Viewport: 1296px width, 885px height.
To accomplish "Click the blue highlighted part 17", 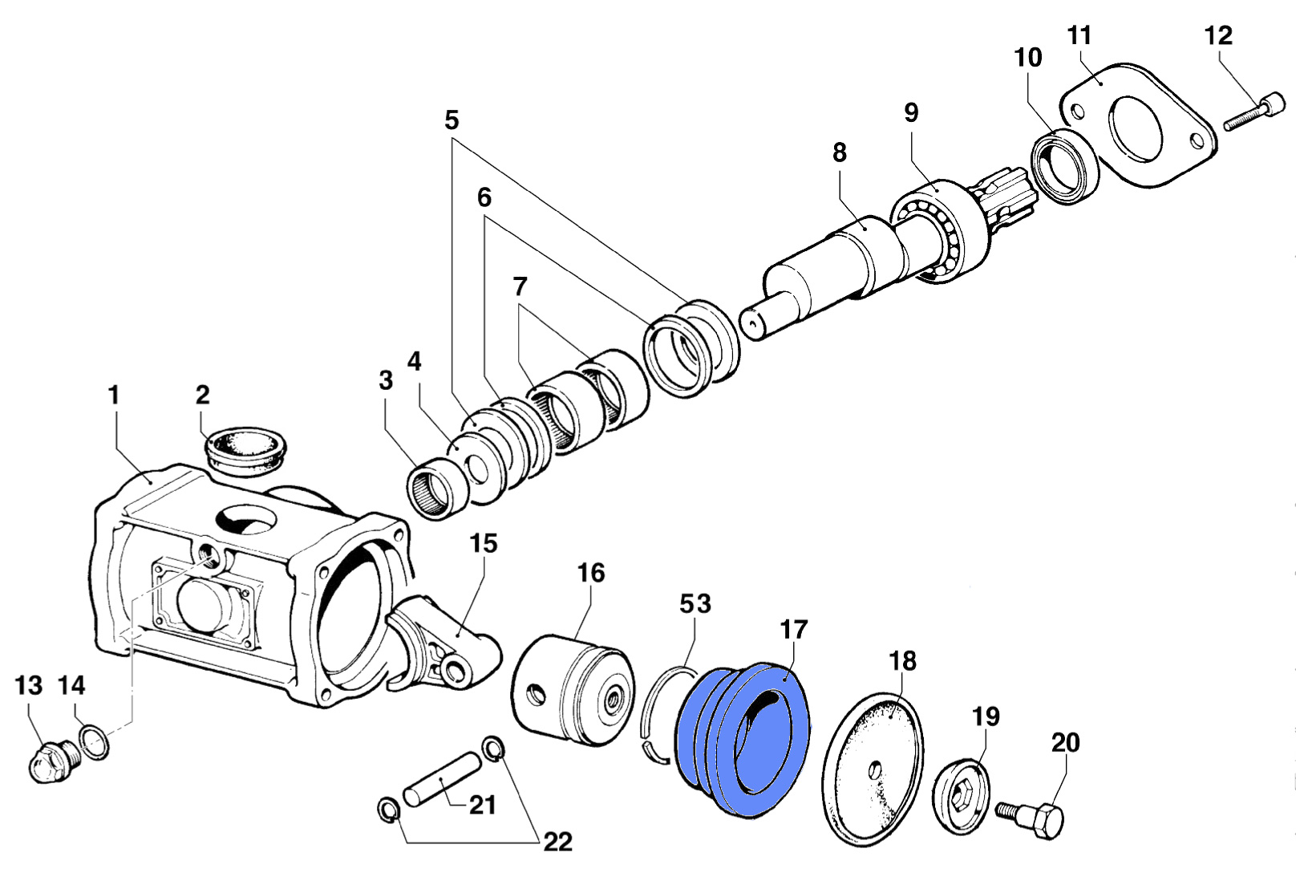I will pyautogui.click(x=742, y=738).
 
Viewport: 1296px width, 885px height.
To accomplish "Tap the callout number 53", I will pyautogui.click(x=695, y=603).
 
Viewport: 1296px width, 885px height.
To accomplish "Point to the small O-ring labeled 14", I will pyautogui.click(x=94, y=741).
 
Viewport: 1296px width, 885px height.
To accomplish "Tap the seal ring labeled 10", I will pyautogui.click(x=1065, y=169).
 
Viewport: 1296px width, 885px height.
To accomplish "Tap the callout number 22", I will pyautogui.click(x=558, y=842).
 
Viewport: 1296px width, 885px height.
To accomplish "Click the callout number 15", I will pyautogui.click(x=484, y=543).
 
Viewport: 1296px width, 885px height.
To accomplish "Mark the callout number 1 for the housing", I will pyautogui.click(x=113, y=395).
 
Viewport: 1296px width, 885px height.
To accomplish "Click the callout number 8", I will pyautogui.click(x=840, y=152).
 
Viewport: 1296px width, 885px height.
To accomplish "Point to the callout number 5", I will pyautogui.click(x=452, y=120).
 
